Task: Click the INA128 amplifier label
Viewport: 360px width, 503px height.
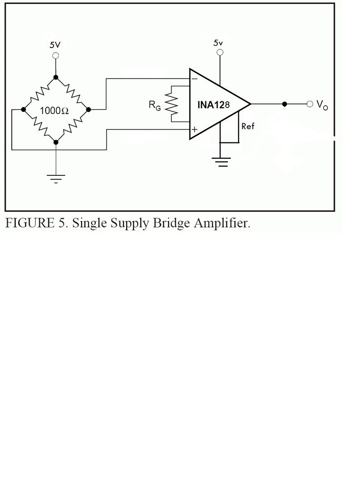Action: pos(217,105)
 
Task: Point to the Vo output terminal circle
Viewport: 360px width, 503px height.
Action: pos(309,104)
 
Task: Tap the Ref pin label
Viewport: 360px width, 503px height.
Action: pos(248,126)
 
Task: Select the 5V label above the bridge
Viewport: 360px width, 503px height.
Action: pos(55,45)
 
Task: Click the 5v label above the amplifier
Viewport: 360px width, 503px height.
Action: pos(219,43)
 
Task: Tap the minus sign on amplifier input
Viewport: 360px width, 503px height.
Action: pos(194,79)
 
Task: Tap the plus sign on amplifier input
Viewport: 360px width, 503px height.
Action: pos(195,130)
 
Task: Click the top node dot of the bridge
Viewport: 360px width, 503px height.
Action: pos(55,77)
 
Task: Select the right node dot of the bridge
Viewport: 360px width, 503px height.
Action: pos(88,109)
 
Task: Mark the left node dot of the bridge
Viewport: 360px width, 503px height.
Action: pos(23,110)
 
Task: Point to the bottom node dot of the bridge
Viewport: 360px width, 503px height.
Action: pos(55,142)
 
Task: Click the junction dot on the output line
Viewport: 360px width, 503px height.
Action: pos(284,104)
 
